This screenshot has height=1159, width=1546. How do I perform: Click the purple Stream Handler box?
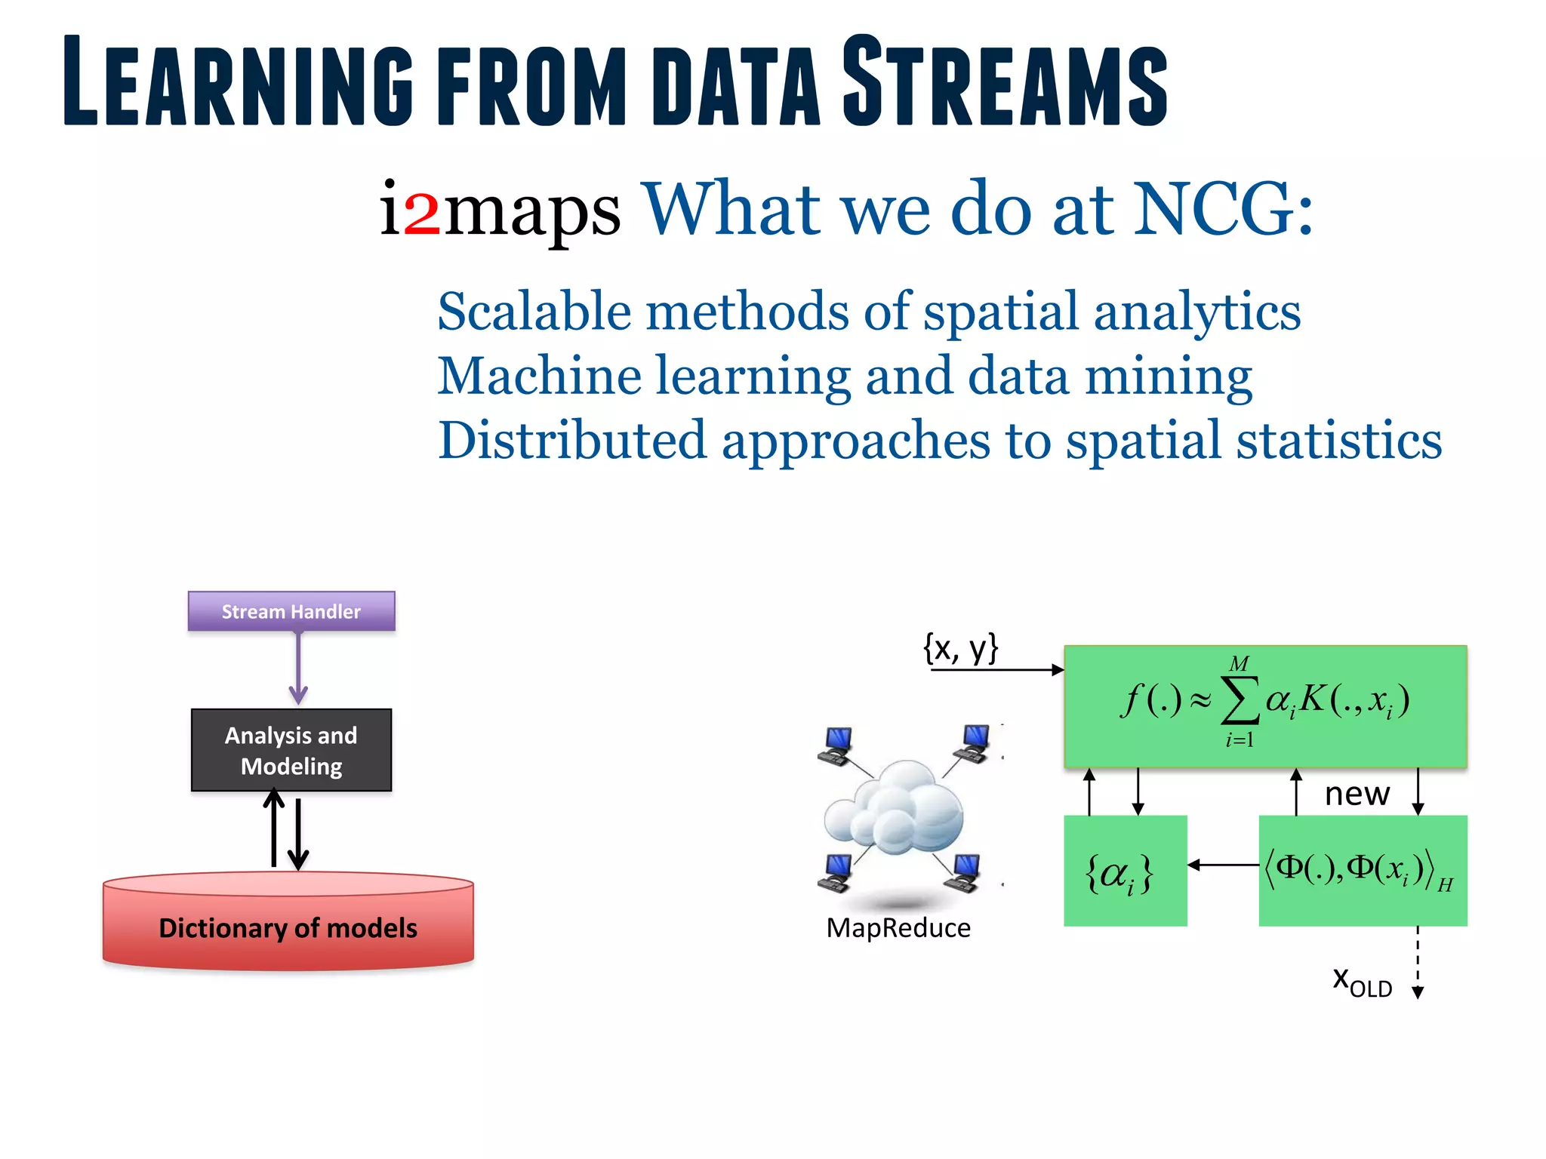tap(291, 610)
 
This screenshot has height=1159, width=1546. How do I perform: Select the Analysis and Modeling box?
tap(291, 750)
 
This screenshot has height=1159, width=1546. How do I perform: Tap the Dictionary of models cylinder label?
tap(288, 927)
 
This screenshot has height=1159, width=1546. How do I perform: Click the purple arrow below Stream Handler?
tap(298, 669)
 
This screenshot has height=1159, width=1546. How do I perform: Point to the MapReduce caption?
tap(898, 927)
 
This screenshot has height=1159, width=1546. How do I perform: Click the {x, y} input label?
tap(960, 647)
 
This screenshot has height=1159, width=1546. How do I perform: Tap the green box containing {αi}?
tap(1125, 871)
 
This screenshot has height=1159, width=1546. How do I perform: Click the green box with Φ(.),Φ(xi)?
tap(1363, 871)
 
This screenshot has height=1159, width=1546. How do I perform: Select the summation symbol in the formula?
tap(1239, 700)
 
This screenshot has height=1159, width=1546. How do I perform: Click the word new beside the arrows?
tap(1357, 794)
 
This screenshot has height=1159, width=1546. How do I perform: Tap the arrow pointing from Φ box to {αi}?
tap(1223, 865)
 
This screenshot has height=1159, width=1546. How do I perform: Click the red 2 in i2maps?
tap(421, 212)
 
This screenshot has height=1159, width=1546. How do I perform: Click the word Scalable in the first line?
tap(534, 311)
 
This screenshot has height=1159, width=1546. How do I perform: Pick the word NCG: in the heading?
tap(1223, 209)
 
